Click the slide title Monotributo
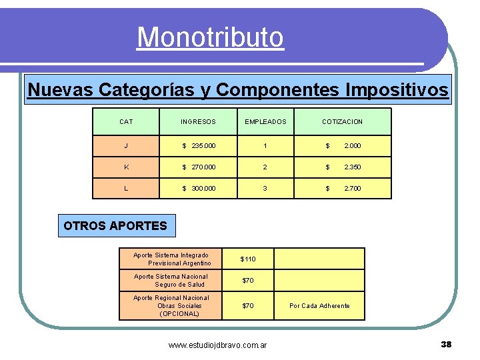(x=210, y=37)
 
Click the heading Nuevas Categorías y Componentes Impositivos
(x=238, y=89)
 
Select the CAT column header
(x=126, y=122)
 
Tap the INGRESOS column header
(x=198, y=122)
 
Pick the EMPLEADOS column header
(x=265, y=122)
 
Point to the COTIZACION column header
(x=342, y=122)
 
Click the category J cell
(x=126, y=145)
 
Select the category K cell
(x=126, y=167)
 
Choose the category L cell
(x=126, y=189)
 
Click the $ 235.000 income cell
(x=199, y=145)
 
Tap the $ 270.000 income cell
(x=199, y=167)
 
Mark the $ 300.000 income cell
(x=199, y=189)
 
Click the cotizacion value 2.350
(x=352, y=167)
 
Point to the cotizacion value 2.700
(x=352, y=189)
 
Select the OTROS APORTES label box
(x=115, y=225)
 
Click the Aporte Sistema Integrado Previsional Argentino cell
(x=171, y=259)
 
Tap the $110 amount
(x=248, y=259)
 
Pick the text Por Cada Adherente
(x=319, y=306)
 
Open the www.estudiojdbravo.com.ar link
(x=217, y=345)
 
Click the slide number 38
(x=446, y=344)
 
